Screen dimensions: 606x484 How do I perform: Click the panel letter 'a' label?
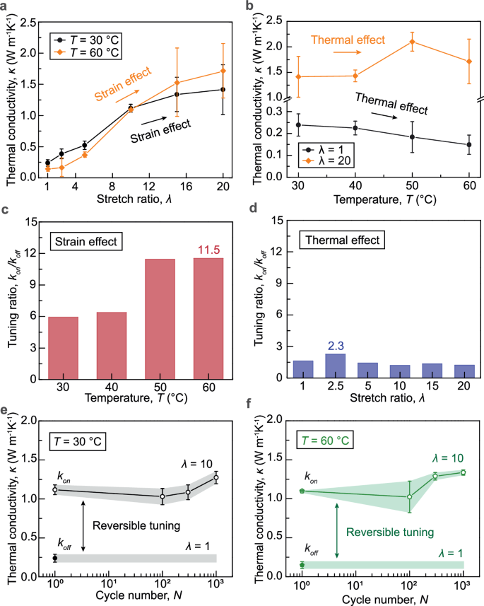coord(5,6)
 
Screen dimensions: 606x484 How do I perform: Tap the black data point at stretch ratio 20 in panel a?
coord(223,90)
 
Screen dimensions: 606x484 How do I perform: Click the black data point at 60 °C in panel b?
coord(469,145)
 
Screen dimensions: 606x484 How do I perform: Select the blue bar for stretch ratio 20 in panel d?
coord(464,371)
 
